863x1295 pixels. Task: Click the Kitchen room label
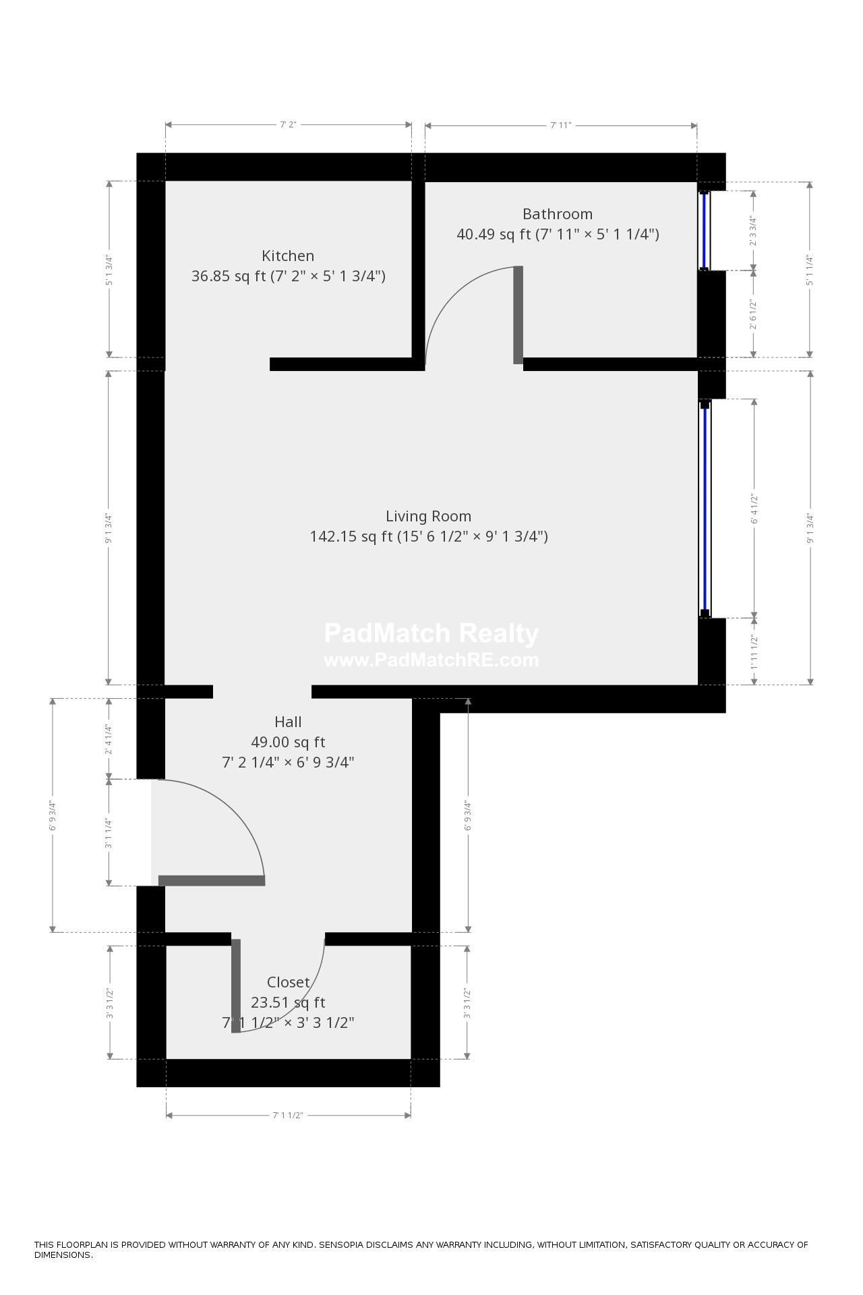point(288,256)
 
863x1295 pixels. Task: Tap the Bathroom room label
point(558,214)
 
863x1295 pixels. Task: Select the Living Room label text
point(428,517)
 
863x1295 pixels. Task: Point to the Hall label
point(288,722)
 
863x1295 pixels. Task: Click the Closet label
point(288,982)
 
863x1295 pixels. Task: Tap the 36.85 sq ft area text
point(229,277)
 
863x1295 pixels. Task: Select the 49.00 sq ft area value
point(288,742)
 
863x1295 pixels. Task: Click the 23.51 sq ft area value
point(288,1002)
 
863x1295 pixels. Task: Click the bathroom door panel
point(518,315)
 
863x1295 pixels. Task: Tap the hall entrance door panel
point(212,880)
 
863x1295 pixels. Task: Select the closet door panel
point(236,985)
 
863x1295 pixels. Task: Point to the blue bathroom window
point(705,230)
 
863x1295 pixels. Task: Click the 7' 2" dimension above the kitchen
point(288,125)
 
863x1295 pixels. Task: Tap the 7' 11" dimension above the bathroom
point(560,125)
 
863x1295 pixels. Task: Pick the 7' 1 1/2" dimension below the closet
point(288,1115)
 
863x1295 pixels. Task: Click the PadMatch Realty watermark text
point(431,633)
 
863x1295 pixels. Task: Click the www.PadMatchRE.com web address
point(431,660)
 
